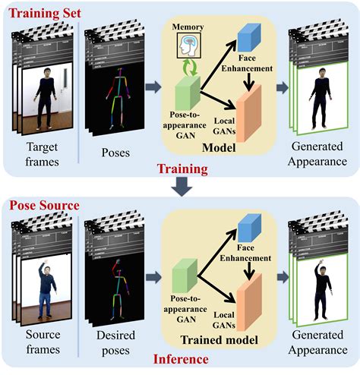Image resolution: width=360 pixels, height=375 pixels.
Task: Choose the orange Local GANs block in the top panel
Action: pyautogui.click(x=250, y=107)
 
